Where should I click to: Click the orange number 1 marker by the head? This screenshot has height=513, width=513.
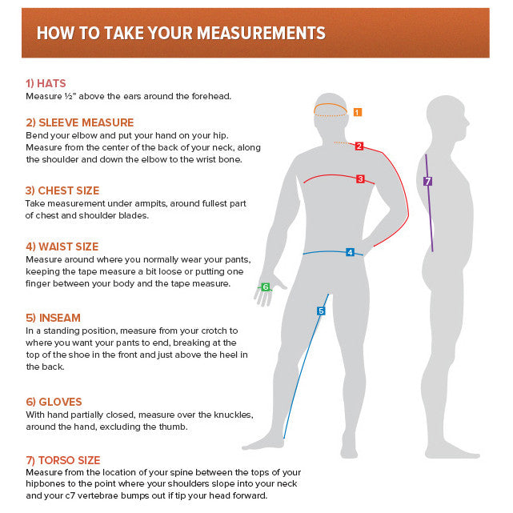(x=357, y=112)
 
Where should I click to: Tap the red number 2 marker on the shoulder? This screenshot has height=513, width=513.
(x=359, y=146)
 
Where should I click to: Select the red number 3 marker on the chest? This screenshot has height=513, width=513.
(x=360, y=178)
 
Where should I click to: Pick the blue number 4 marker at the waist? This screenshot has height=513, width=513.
(x=350, y=252)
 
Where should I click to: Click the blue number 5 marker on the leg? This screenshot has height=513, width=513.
(x=321, y=311)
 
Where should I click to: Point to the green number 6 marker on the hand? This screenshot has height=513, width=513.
(x=266, y=287)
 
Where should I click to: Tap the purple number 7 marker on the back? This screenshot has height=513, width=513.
(x=428, y=182)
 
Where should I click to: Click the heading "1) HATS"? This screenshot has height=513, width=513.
(x=46, y=83)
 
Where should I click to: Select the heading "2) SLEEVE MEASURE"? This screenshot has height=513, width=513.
(x=80, y=122)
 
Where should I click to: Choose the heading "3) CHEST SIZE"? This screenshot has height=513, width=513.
(x=62, y=190)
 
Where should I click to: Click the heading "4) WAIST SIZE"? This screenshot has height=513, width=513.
(x=62, y=246)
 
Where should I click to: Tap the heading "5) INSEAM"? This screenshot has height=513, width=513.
(x=53, y=318)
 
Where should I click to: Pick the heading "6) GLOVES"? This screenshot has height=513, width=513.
(x=54, y=402)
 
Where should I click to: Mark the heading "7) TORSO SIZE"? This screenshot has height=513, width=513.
(x=63, y=460)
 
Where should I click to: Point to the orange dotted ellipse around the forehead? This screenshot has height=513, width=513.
(x=329, y=110)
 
